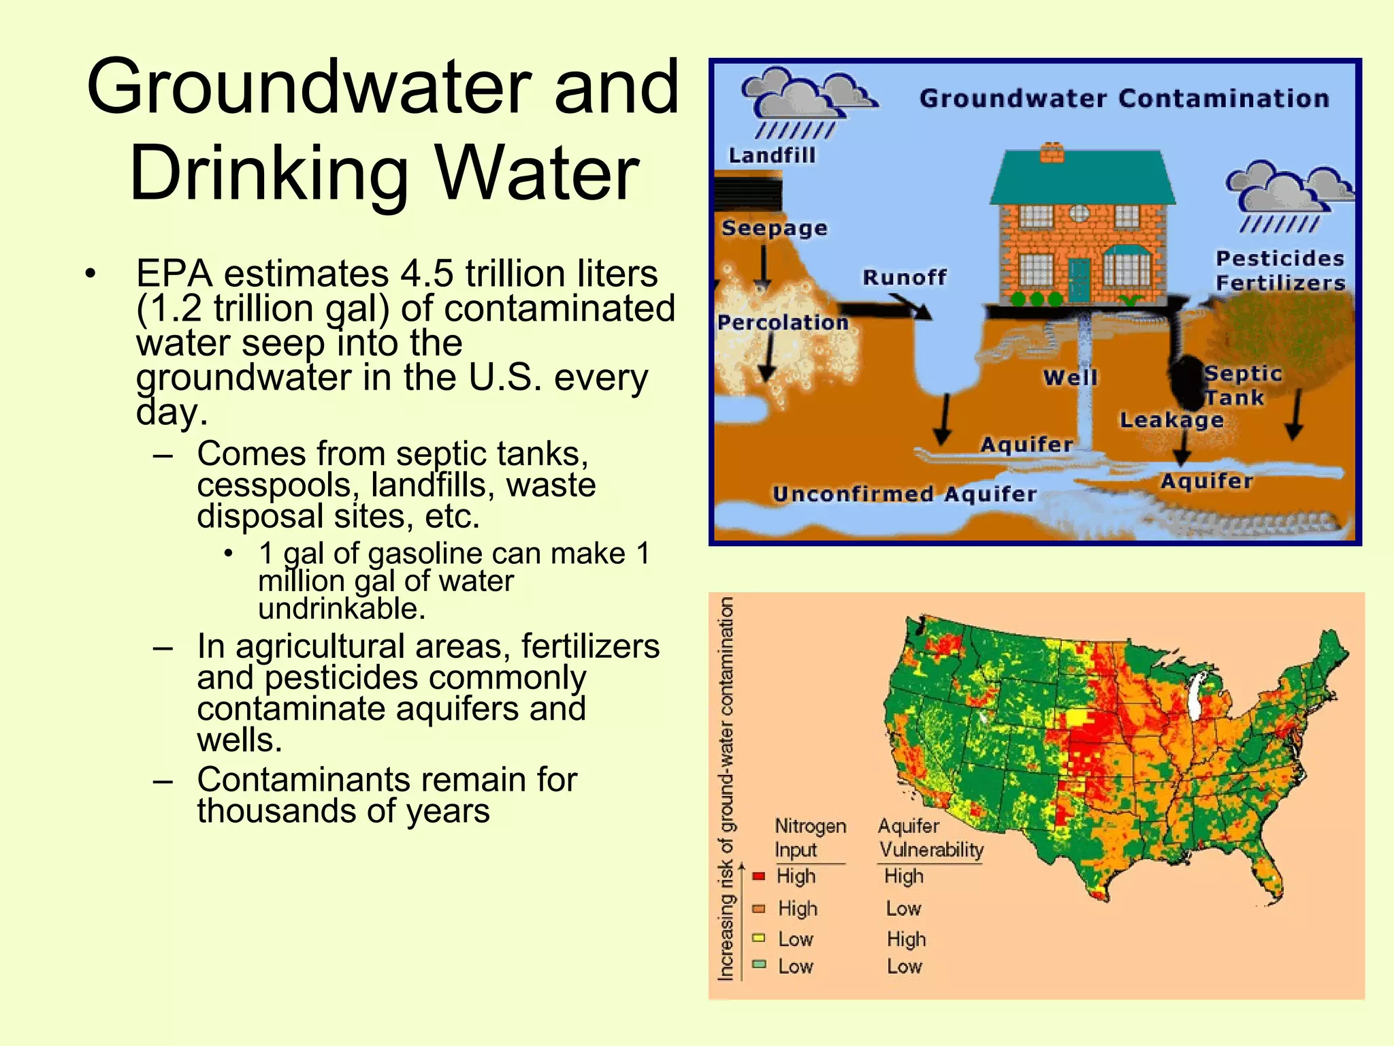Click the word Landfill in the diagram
pos(772,156)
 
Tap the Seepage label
pos(775,228)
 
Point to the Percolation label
pos(783,322)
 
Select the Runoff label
pos(905,277)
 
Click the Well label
pos(1071,377)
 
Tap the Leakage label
pos(1171,420)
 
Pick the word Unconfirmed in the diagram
pos(853,494)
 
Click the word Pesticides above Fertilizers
pos(1280,259)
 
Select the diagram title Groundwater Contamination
pos(1124,99)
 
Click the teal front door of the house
pos(1080,279)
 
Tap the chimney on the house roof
pos(1052,153)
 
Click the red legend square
pos(759,876)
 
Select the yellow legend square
pos(759,938)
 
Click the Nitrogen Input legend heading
pos(810,838)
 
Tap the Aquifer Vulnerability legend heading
pos(930,838)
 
